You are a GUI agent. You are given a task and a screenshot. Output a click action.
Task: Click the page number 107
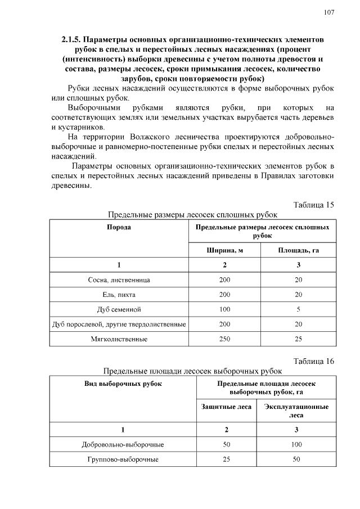[328, 12]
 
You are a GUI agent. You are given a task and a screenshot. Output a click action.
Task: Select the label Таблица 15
[314, 204]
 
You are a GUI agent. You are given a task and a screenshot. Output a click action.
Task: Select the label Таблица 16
[314, 361]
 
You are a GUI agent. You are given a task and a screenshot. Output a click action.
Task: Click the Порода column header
[119, 227]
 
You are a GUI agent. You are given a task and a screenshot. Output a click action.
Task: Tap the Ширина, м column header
[224, 250]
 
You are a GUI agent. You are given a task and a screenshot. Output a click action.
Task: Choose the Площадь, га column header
[298, 250]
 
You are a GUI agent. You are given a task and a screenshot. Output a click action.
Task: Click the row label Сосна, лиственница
[119, 280]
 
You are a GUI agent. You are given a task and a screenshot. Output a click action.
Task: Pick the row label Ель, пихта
[119, 294]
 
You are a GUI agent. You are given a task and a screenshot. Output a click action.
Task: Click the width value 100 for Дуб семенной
[224, 309]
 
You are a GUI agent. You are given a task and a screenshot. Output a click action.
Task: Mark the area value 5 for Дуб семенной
[298, 309]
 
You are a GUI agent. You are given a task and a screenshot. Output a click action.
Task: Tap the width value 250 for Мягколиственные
[224, 339]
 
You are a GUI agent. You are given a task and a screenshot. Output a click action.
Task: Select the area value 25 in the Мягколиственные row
[298, 339]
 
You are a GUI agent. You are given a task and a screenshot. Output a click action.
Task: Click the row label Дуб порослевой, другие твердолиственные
[119, 325]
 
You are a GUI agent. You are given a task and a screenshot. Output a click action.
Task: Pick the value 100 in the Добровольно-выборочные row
[296, 444]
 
